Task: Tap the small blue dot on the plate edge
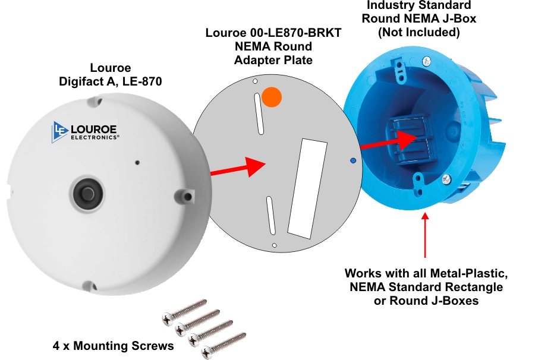coord(353,160)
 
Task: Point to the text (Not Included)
coord(419,32)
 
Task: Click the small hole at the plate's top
coord(254,81)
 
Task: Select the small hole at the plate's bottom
coord(274,245)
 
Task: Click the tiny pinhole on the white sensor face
coord(137,162)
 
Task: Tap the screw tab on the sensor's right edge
coord(187,194)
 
